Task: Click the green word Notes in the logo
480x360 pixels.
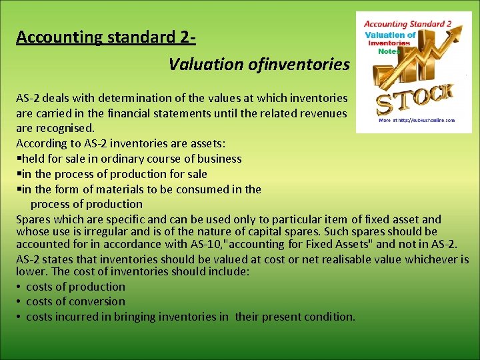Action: tap(391, 51)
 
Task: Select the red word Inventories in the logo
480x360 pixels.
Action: tap(390, 43)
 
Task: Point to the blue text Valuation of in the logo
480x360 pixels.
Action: tap(390, 35)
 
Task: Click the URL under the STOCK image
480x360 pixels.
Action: tap(416, 121)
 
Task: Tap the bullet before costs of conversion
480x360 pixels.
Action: tap(19, 301)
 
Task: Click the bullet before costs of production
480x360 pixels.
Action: tap(19, 287)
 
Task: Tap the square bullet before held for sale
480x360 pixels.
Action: tap(19, 159)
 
